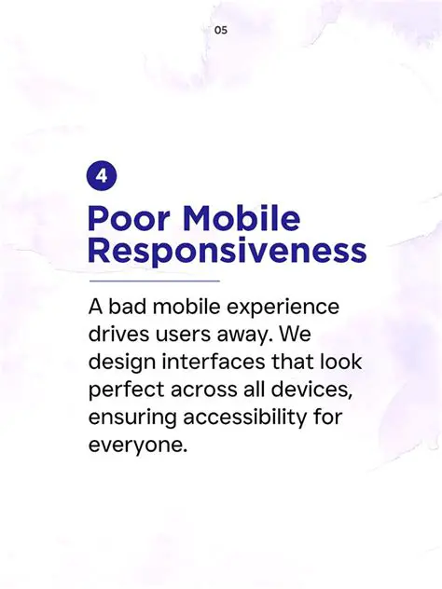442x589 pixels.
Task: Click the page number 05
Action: pos(221,30)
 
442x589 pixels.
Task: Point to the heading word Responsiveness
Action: pos(227,251)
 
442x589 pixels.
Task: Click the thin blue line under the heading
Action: pos(154,280)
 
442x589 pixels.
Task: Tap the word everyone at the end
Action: pos(136,445)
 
